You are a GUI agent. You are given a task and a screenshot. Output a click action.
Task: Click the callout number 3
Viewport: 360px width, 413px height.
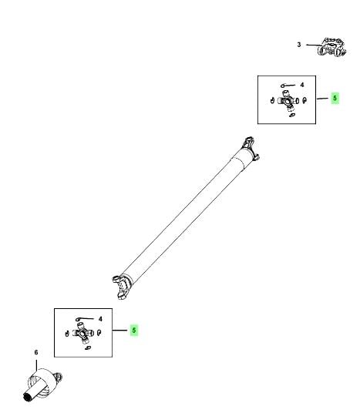click(299, 45)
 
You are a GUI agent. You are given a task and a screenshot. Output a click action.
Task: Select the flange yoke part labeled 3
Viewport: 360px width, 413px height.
click(332, 47)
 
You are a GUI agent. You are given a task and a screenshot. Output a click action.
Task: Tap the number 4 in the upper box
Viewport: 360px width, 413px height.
click(302, 85)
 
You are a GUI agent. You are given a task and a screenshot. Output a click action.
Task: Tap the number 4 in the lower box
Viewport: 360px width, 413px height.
click(100, 319)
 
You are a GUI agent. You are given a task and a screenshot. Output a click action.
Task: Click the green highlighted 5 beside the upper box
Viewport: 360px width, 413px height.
click(335, 98)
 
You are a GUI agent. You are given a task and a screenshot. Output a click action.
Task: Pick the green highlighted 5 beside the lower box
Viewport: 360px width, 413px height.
click(134, 331)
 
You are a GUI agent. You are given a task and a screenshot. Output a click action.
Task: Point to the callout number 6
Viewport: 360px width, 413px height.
click(36, 352)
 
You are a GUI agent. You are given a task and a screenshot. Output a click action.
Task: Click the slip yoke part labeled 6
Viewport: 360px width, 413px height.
click(42, 384)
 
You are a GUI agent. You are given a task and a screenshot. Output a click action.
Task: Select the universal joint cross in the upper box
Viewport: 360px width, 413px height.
click(287, 100)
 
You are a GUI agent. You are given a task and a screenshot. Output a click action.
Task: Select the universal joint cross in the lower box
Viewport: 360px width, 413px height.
click(83, 334)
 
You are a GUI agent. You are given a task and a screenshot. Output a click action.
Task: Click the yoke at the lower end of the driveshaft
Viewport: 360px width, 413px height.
click(122, 287)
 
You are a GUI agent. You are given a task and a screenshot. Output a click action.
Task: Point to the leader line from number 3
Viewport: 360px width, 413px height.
click(313, 45)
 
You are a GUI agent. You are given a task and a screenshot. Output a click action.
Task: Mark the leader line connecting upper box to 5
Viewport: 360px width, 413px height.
click(322, 99)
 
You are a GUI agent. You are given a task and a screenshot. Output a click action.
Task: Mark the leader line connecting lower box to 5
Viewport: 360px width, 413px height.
click(120, 331)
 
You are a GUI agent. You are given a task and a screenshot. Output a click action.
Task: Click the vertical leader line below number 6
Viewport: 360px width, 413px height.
click(37, 364)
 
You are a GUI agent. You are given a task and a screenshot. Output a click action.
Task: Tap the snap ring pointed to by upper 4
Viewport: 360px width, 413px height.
click(282, 86)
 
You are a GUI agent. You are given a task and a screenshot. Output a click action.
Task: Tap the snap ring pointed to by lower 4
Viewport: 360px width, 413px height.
click(78, 320)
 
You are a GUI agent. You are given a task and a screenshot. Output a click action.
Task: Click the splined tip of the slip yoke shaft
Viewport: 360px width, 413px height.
click(28, 397)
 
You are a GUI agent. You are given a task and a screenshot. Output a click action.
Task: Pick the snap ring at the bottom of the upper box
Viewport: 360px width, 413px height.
click(291, 115)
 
